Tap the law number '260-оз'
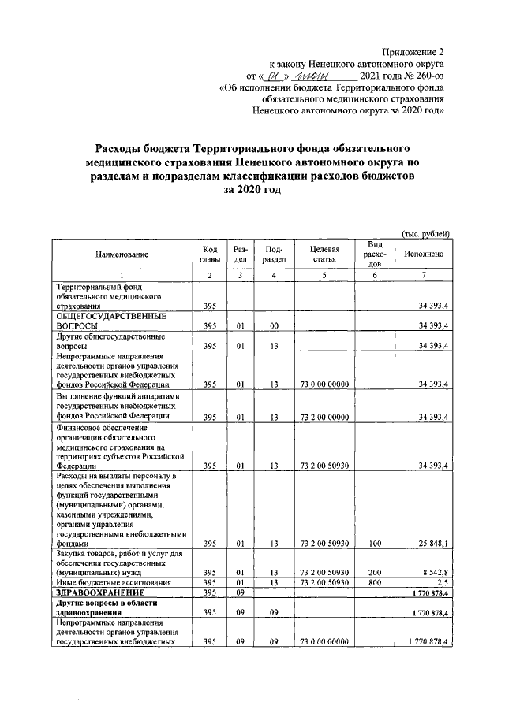click(426, 76)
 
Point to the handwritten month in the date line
click(312, 76)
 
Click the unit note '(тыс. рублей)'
click(425, 233)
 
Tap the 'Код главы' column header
click(209, 254)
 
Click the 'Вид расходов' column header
click(376, 254)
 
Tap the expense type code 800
click(376, 582)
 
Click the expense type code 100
click(376, 543)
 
